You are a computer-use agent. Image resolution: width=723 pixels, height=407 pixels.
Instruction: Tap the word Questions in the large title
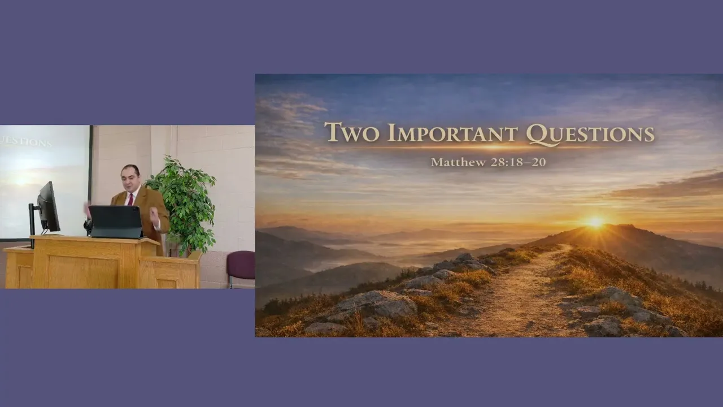tap(590, 134)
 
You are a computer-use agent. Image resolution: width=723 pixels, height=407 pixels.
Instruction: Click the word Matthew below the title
tap(458, 162)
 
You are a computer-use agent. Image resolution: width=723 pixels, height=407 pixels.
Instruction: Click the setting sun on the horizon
tap(595, 222)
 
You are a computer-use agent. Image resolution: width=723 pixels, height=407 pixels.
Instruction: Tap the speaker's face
tap(130, 176)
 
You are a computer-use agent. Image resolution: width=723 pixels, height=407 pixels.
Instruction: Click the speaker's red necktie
tap(130, 199)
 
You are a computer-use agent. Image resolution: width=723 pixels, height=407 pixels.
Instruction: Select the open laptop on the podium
tap(116, 222)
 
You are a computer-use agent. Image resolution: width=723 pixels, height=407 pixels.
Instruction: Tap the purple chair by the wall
tap(241, 266)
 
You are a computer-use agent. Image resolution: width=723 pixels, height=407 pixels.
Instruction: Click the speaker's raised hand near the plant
tap(154, 214)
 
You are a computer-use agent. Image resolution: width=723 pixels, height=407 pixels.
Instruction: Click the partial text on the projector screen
tap(25, 142)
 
